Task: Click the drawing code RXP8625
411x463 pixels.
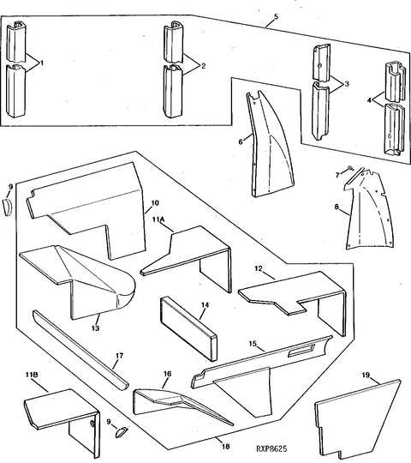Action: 271,448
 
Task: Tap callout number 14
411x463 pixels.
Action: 205,304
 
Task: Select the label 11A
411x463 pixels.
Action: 159,219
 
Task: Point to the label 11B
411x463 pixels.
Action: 31,375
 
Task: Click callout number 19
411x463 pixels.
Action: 366,375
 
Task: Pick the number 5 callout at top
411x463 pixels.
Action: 276,16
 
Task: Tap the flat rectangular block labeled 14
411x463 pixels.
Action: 188,328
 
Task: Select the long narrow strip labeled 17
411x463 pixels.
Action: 80,350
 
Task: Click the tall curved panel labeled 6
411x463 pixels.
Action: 270,145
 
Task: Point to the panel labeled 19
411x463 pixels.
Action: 358,422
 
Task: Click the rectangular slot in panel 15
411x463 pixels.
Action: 301,351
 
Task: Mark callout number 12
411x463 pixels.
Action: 259,268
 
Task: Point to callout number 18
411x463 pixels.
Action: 225,447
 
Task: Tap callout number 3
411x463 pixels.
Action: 347,84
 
